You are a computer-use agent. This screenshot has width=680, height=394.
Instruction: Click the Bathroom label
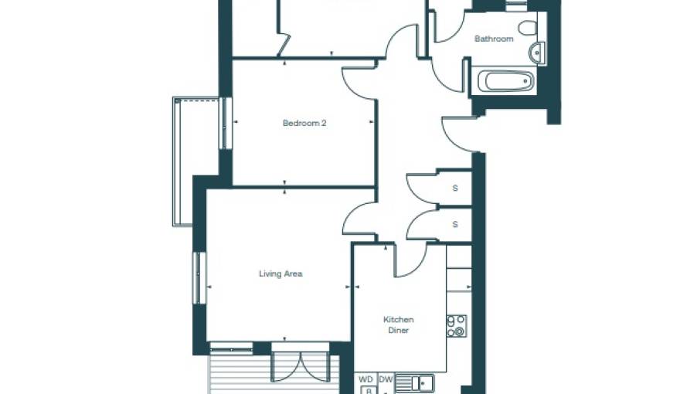point(494,39)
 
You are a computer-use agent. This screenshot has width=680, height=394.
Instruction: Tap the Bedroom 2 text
point(304,123)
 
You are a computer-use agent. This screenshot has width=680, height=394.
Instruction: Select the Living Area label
point(280,273)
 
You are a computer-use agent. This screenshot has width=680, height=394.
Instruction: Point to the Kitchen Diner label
point(399,324)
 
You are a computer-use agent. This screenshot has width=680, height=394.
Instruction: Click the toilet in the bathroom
point(528,29)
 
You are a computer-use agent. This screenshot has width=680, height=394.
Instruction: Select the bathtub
point(504,81)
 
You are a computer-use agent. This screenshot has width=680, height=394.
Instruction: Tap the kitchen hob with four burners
point(457,326)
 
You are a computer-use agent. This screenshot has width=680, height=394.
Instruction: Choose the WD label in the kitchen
point(366,379)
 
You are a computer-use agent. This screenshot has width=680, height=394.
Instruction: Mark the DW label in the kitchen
point(386,379)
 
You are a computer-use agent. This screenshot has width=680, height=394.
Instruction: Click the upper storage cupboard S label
point(455,188)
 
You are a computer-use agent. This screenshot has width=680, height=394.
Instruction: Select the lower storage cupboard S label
point(455,225)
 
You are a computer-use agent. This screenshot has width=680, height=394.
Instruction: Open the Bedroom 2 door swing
point(358,83)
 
